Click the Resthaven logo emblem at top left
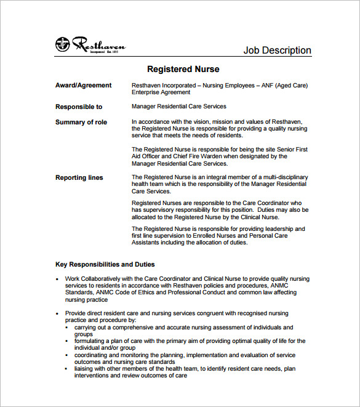tap(62, 44)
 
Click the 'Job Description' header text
tap(277, 50)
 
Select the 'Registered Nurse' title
tap(183, 69)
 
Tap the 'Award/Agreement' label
tap(84, 86)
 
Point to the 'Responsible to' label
tap(79, 107)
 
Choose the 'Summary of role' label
tap(81, 122)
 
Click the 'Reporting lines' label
tap(79, 177)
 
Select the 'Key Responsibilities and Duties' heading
tap(105, 264)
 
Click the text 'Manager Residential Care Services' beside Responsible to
tap(179, 107)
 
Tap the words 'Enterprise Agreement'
tap(161, 92)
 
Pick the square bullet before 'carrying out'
tap(68, 328)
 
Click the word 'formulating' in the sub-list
tap(90, 341)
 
